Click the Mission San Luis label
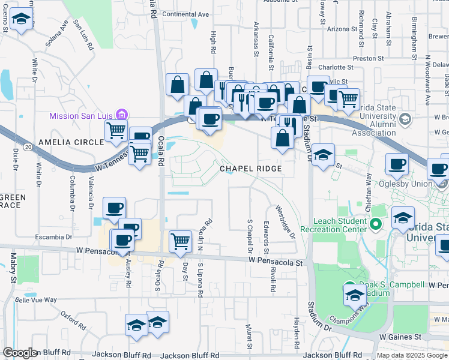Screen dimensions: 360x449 pos(82,115)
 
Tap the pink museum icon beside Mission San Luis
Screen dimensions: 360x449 pos(122,115)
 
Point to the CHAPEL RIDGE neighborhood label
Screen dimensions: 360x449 pos(250,169)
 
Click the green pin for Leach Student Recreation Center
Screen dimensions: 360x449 pos(376,224)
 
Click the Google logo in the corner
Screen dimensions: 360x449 pos(20,353)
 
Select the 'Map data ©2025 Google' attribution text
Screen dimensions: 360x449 pos(412,355)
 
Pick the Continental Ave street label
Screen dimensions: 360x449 pos(185,14)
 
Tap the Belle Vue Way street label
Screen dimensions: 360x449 pos(35,299)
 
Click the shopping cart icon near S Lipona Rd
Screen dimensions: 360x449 pos(180,241)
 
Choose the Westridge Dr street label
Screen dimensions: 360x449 pos(286,222)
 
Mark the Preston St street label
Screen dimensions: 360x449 pos(369,59)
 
